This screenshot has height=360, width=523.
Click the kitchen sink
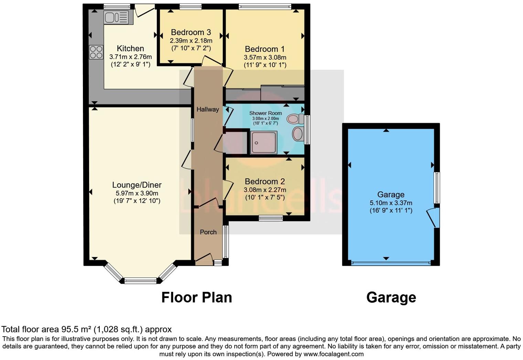[118, 17]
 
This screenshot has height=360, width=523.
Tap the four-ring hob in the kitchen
[96, 52]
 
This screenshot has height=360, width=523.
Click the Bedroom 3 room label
[191, 32]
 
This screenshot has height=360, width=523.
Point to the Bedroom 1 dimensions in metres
[265, 57]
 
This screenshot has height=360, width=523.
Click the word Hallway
[207, 109]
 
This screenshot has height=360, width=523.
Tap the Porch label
[208, 232]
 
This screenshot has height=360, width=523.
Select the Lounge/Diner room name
[137, 185]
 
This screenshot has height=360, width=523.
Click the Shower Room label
[265, 113]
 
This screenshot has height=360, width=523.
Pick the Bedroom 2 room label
[265, 181]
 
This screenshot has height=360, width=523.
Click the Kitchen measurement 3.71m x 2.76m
[130, 57]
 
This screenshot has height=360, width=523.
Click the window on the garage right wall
[437, 188]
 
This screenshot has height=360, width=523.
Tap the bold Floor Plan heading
[196, 297]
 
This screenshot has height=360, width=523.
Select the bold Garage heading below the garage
[391, 297]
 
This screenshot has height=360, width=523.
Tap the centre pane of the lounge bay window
[140, 281]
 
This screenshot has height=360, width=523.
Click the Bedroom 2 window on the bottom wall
[271, 218]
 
